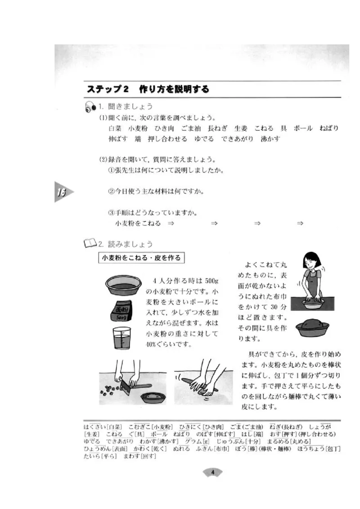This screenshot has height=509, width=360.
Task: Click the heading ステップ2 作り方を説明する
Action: tap(148, 89)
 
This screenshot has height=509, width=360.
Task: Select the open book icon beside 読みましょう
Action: tap(90, 244)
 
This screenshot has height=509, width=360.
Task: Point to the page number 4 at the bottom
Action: tap(213, 472)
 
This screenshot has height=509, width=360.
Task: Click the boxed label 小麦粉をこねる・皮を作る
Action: tap(141, 258)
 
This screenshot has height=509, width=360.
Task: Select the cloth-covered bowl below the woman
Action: tap(312, 326)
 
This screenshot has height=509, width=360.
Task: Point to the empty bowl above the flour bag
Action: tap(121, 285)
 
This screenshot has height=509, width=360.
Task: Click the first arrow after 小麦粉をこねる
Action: tap(171, 223)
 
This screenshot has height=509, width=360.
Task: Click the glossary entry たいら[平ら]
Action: tap(100, 456)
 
